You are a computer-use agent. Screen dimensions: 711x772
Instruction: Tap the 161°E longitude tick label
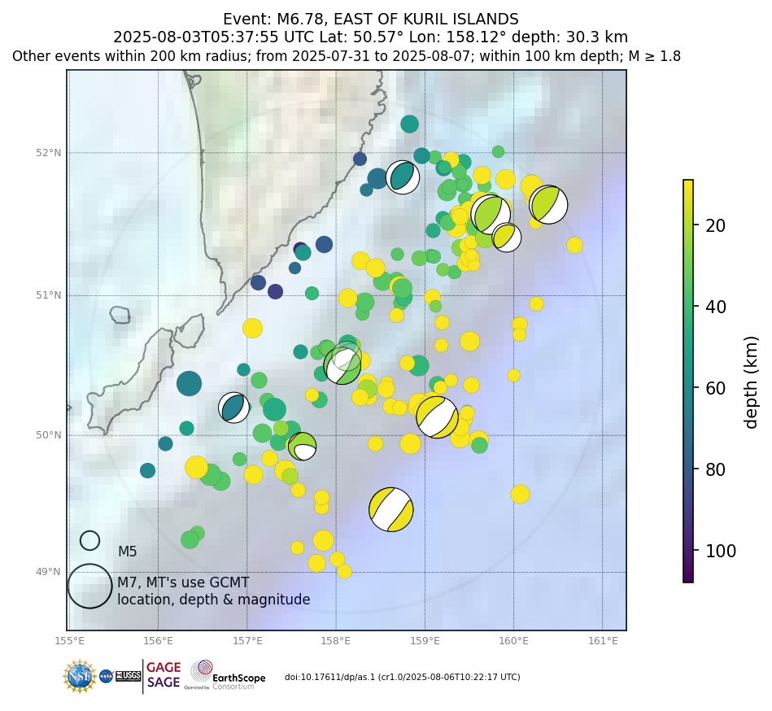603,641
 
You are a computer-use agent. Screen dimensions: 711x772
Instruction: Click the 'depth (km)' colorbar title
751,382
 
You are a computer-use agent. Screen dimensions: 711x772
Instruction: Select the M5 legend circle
89,540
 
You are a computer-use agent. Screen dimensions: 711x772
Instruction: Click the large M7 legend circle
89,586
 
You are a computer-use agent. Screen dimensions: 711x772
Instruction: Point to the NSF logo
80,676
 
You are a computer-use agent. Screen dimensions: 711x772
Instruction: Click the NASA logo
106,676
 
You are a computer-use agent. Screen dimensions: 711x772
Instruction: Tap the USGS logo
128,676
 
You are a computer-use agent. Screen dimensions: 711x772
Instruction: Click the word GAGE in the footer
164,668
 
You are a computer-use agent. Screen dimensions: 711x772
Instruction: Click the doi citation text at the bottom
402,677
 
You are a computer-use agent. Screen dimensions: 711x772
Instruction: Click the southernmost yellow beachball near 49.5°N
390,509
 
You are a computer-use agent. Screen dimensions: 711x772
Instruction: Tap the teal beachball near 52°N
402,177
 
